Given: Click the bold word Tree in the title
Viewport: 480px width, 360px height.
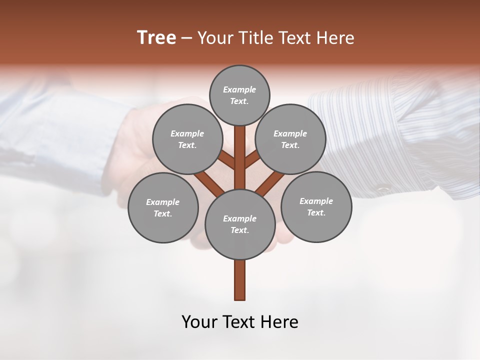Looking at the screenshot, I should (156, 37).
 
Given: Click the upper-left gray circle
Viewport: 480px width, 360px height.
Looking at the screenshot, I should (187, 139).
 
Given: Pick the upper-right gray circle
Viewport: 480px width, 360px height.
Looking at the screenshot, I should (290, 139).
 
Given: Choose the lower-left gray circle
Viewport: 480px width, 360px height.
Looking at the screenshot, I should (163, 207).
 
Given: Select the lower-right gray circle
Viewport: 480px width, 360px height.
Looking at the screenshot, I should (316, 206).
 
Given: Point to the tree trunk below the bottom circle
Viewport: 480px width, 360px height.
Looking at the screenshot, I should (240, 280).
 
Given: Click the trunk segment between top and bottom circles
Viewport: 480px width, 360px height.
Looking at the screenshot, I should (240, 157).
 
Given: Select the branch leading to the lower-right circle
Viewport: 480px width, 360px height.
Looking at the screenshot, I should (270, 183).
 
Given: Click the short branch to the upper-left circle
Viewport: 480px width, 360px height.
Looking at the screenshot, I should (226, 160).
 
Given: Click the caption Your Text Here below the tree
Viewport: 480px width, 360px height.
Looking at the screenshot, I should (240, 322).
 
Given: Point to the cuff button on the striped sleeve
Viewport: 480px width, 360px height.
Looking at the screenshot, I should (384, 189).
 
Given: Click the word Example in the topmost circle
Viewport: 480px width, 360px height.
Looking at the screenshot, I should (239, 89).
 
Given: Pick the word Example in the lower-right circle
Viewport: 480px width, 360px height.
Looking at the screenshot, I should (316, 201).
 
